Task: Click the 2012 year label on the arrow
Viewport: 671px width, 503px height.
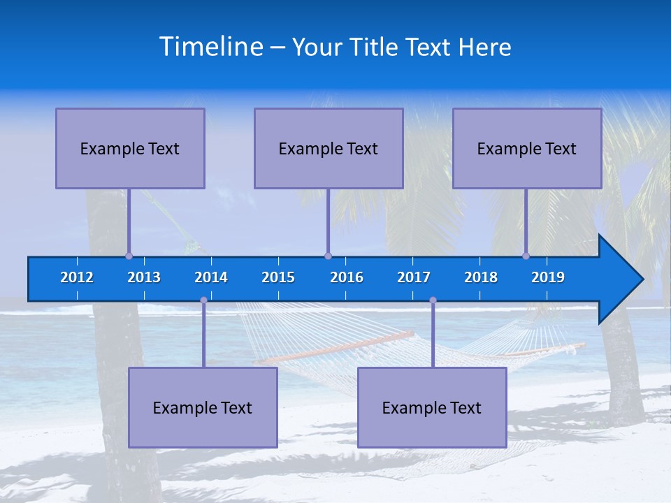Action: (x=77, y=277)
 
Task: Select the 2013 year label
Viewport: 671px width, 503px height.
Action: (x=144, y=277)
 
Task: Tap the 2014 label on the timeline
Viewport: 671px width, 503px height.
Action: (x=211, y=277)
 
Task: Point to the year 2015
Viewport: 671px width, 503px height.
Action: (x=278, y=277)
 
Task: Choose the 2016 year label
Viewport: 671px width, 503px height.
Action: (x=347, y=277)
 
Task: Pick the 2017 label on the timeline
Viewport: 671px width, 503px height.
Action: (x=414, y=277)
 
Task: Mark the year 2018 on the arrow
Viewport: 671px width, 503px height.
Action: (x=481, y=277)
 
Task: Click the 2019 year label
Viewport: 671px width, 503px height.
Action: (x=548, y=277)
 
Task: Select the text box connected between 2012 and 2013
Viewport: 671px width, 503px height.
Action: (x=130, y=148)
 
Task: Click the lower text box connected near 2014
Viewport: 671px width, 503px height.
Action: (x=203, y=407)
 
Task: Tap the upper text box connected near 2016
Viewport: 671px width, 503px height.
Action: (x=329, y=148)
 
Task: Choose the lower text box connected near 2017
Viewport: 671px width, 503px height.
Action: (x=432, y=407)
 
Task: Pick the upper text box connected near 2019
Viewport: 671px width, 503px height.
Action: (x=527, y=148)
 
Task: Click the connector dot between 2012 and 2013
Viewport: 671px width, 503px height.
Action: (x=129, y=256)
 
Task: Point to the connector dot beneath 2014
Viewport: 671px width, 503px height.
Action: (x=203, y=300)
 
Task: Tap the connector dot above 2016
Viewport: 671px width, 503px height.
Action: (x=328, y=256)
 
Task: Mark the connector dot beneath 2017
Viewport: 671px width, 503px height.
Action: (x=433, y=300)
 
